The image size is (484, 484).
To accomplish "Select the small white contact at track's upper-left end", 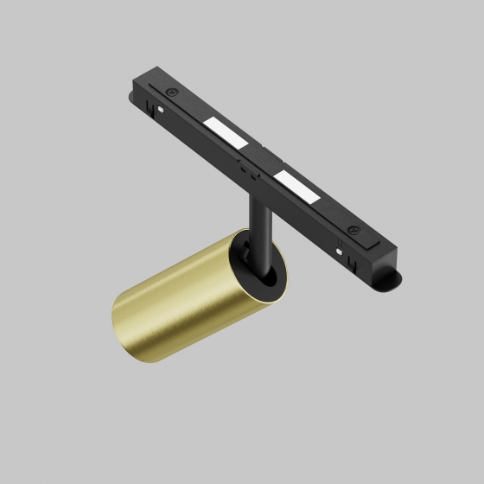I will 162,109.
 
